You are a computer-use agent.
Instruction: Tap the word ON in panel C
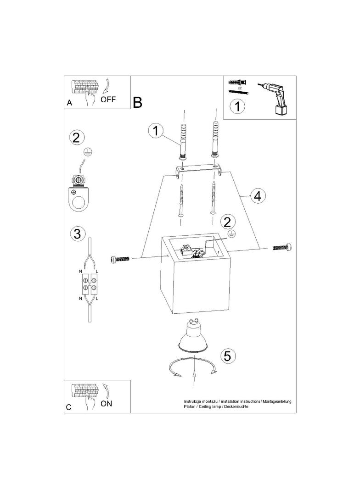[106, 404]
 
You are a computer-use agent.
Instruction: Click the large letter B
[138, 102]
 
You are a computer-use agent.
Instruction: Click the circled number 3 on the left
[78, 233]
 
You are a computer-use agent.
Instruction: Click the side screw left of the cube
[120, 260]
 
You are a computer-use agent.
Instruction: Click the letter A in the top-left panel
[69, 103]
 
